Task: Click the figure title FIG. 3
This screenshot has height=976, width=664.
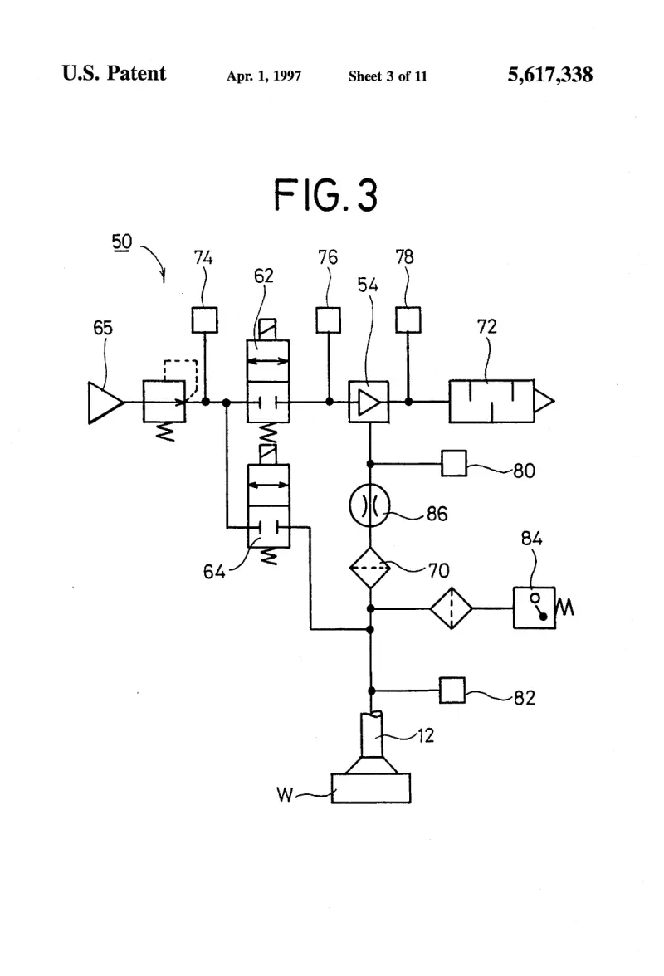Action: coord(325,195)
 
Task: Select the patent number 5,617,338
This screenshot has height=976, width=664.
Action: coord(550,75)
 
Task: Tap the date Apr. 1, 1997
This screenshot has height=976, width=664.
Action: coord(264,76)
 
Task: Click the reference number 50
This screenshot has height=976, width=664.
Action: coord(122,242)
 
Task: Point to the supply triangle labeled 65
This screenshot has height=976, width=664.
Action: coord(105,403)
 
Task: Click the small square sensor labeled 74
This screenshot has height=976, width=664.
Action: coord(205,320)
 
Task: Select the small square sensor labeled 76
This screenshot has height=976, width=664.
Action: coord(329,320)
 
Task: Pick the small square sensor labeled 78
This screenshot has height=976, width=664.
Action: coord(408,320)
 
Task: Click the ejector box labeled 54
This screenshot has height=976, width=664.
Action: coord(369,402)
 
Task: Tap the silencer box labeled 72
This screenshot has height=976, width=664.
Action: coord(491,402)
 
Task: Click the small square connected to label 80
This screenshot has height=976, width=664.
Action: coord(454,464)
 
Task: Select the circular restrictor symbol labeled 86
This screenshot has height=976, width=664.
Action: coord(369,506)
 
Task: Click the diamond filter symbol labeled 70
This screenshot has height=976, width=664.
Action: coord(369,568)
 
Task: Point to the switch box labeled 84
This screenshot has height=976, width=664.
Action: coord(535,608)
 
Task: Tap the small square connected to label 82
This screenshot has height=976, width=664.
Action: coord(452,691)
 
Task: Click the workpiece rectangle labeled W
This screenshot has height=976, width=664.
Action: coord(371,788)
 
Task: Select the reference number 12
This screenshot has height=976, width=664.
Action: coord(426,735)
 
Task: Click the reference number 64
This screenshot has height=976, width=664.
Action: coord(214,571)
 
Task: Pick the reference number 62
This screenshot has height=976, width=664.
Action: coord(264,276)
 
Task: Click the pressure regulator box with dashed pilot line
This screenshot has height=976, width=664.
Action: coord(164,402)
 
